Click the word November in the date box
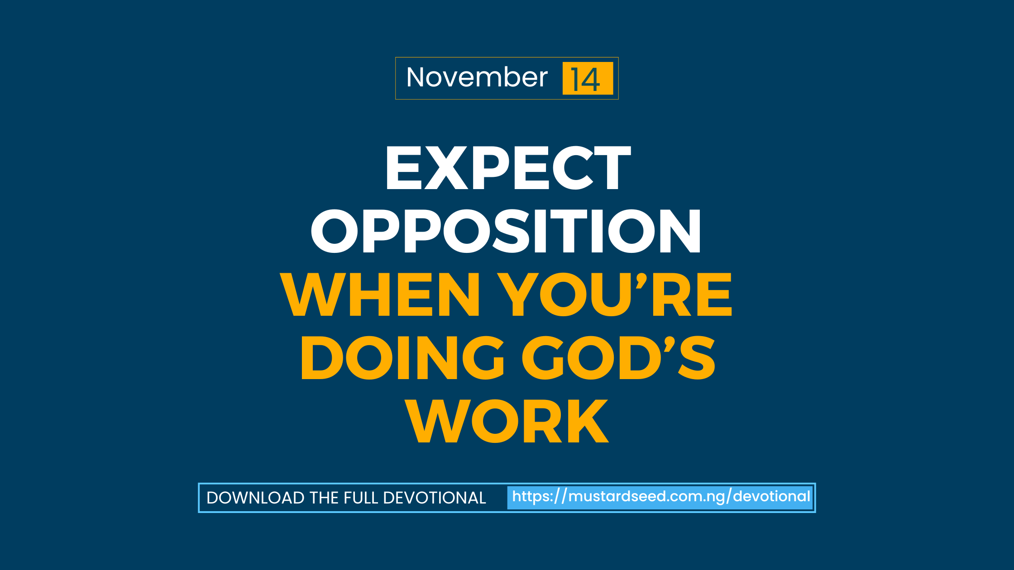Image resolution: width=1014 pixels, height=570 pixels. point(477,77)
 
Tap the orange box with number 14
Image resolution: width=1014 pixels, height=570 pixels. point(587,79)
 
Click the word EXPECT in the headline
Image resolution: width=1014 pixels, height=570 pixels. point(507,168)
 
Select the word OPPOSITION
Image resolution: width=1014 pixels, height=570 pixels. point(506,231)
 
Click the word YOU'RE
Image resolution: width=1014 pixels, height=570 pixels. point(615,294)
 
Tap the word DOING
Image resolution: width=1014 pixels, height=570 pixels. point(402,358)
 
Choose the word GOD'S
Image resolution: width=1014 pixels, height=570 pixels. point(618,358)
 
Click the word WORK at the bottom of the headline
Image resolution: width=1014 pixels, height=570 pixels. point(507,421)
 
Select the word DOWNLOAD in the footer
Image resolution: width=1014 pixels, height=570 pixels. point(255,498)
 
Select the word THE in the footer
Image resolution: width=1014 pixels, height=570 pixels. point(324,498)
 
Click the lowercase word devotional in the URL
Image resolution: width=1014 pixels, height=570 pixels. point(771,497)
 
